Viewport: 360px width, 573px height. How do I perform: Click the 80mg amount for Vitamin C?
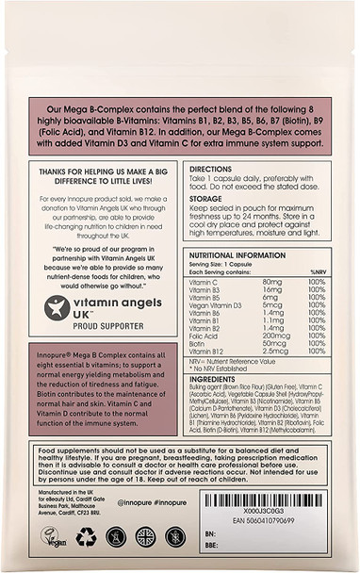273,282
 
